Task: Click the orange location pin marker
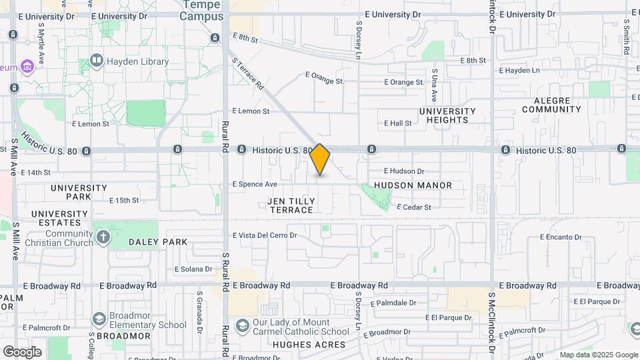(320, 159)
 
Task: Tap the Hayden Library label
(138, 62)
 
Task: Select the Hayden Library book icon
(97, 62)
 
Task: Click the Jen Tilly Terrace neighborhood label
(290, 205)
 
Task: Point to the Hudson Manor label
(413, 185)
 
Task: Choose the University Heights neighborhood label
(447, 115)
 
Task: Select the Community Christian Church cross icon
(103, 237)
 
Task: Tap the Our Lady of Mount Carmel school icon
(243, 326)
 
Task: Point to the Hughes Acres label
(309, 345)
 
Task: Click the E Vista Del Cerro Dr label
(264, 235)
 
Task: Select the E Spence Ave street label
(254, 184)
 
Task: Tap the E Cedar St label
(413, 207)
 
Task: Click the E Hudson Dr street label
(404, 171)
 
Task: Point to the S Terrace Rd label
(248, 73)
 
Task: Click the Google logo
(22, 351)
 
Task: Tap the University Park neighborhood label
(79, 193)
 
